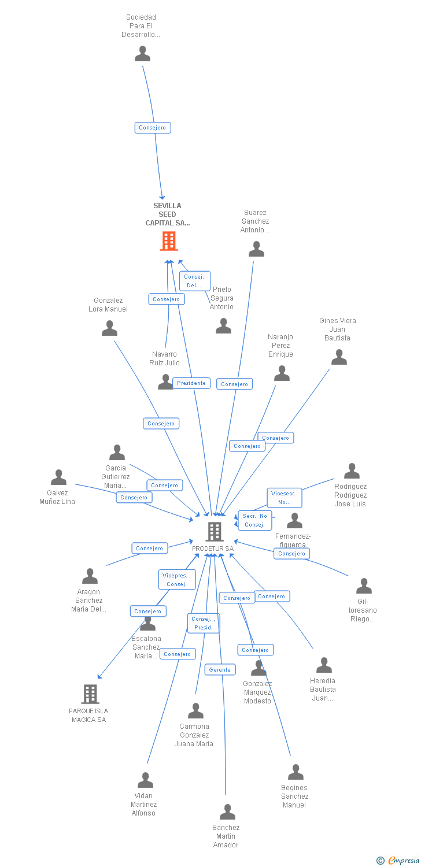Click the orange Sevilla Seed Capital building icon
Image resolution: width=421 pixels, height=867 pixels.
(169, 241)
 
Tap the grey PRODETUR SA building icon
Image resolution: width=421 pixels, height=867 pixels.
(215, 531)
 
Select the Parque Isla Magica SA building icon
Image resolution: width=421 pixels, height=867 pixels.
(90, 694)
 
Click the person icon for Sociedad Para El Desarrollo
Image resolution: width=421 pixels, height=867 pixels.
(142, 54)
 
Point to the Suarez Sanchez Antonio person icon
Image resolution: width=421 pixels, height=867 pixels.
(256, 249)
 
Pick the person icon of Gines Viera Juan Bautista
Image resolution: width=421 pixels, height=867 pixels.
(339, 357)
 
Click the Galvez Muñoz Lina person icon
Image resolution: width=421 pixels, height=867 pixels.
(58, 477)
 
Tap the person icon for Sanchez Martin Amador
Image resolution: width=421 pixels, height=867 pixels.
(227, 812)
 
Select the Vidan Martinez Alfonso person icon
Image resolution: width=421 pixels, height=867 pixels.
(145, 780)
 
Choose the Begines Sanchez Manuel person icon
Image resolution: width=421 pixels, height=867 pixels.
(296, 772)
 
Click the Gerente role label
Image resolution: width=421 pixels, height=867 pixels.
(220, 669)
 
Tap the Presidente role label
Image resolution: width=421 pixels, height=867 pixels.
(191, 383)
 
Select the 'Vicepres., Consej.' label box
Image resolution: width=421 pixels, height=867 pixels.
(176, 579)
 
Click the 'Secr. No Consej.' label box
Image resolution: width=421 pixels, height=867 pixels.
(254, 520)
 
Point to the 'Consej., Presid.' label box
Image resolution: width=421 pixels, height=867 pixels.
(204, 623)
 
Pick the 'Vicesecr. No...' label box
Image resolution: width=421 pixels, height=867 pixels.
(284, 498)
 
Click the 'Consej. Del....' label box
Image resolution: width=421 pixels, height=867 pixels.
(194, 281)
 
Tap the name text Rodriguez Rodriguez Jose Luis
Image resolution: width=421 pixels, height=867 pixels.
(350, 495)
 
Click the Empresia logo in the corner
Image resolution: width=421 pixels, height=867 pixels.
(399, 861)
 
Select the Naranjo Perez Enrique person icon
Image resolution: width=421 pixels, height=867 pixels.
(282, 373)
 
